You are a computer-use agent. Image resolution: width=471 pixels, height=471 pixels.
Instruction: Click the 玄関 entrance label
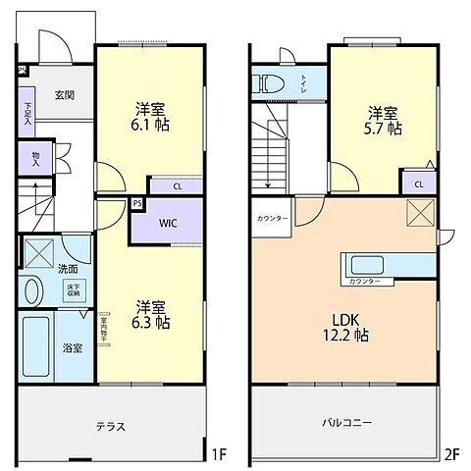pos(65,94)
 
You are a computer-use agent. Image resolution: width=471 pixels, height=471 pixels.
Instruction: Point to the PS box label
pos(137,204)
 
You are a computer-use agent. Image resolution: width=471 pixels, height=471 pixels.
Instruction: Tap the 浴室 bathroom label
pos(72,347)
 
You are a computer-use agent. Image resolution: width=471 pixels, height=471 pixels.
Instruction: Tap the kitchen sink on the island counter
pos(370,266)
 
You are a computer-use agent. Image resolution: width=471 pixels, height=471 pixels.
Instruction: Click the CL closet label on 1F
pos(177,185)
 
